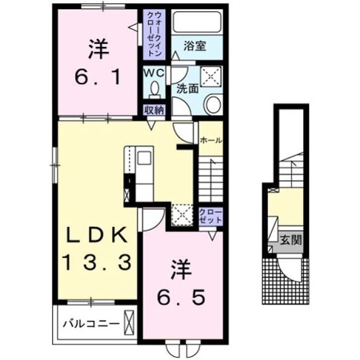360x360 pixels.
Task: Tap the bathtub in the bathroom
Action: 197,23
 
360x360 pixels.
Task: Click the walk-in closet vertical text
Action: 154,34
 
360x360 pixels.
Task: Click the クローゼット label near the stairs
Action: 210,216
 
